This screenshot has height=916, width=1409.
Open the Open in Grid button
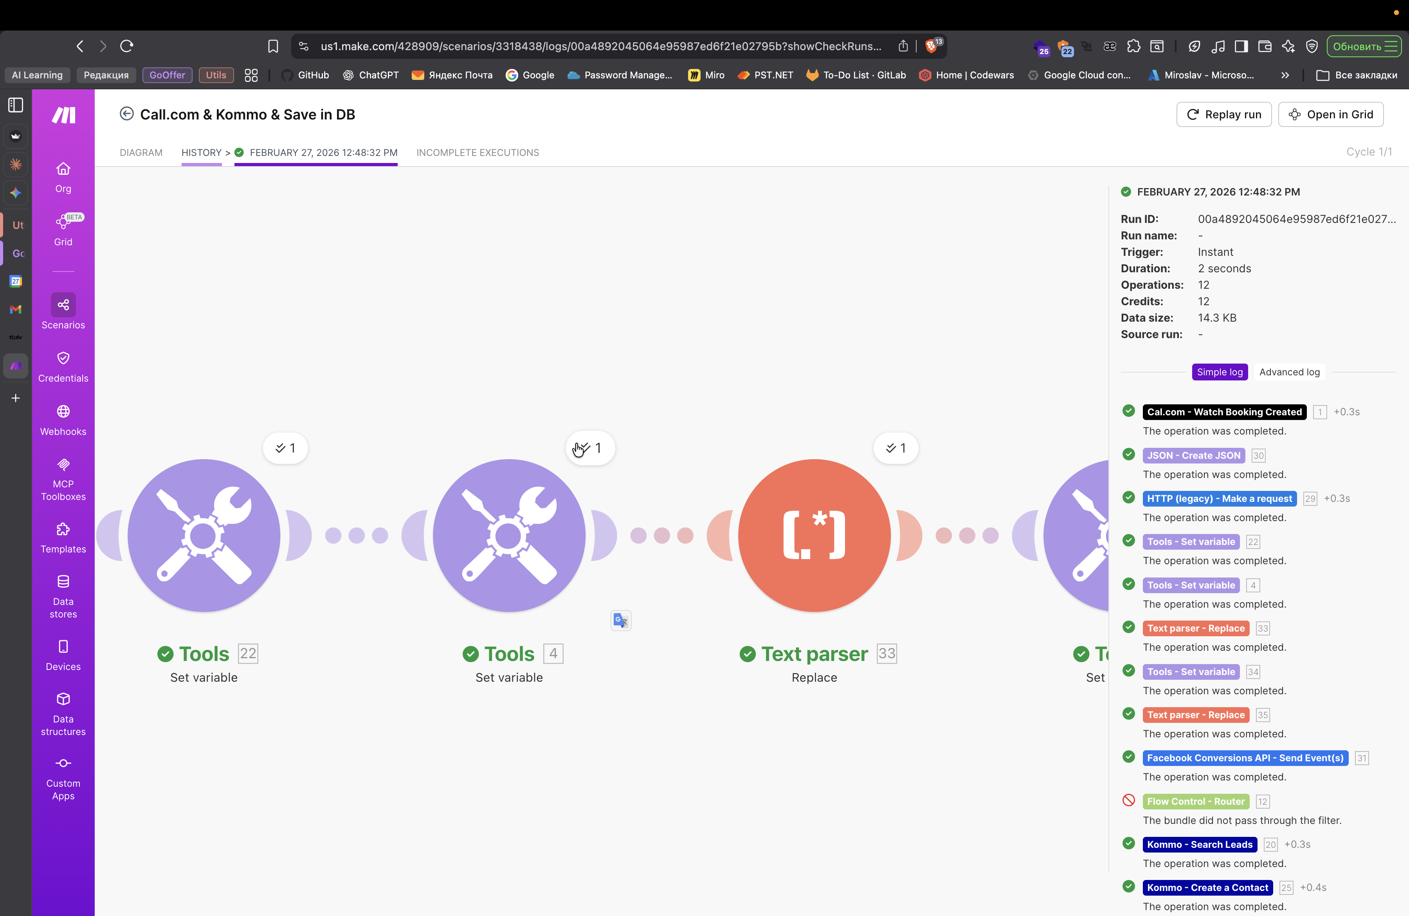(1330, 114)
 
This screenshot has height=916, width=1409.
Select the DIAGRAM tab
(141, 152)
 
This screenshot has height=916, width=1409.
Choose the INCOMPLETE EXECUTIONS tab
(477, 152)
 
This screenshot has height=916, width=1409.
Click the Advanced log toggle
(1289, 372)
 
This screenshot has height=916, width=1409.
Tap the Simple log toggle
(1220, 372)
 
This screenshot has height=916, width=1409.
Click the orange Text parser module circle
(814, 535)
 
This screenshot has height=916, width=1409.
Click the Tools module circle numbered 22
(204, 535)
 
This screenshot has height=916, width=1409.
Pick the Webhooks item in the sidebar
(63, 420)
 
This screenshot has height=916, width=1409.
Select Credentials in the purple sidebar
(63, 366)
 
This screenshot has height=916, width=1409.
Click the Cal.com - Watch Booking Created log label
(1224, 412)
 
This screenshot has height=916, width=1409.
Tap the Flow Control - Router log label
(1195, 801)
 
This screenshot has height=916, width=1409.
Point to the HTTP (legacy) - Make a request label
(1219, 498)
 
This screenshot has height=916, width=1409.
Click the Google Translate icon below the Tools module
(620, 620)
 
